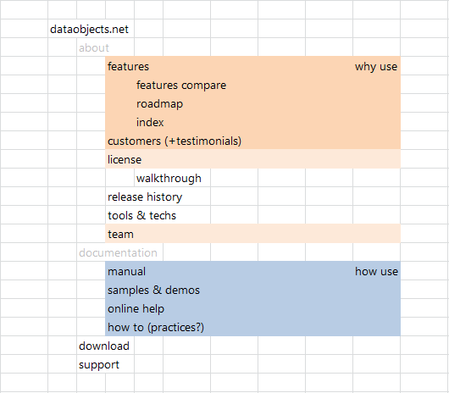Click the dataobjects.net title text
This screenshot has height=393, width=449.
(89, 30)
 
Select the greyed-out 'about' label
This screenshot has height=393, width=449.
(94, 47)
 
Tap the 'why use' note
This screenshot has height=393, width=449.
(376, 67)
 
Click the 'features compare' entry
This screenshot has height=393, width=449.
(181, 86)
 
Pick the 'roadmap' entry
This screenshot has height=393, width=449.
(159, 104)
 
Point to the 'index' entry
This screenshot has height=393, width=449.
(150, 123)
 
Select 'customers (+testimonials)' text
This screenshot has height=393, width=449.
(175, 141)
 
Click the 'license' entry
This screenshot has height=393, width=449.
(125, 160)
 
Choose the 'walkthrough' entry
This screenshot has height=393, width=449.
(169, 179)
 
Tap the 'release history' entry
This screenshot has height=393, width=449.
(145, 197)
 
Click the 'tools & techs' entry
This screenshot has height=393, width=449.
(141, 215)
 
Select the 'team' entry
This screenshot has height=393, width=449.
(120, 235)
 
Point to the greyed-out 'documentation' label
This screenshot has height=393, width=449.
(118, 252)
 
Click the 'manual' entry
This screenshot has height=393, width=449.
(126, 272)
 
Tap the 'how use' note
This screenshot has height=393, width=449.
(376, 272)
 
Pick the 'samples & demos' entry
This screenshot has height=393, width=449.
(153, 291)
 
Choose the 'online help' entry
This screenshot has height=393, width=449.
(136, 309)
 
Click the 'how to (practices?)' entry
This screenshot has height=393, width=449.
(156, 328)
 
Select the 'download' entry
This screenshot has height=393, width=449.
(104, 346)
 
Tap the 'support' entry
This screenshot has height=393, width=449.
(99, 365)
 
